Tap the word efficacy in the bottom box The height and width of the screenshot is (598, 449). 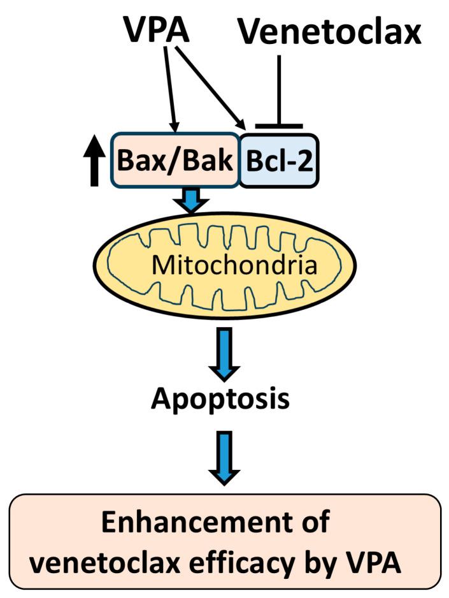click(267, 564)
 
